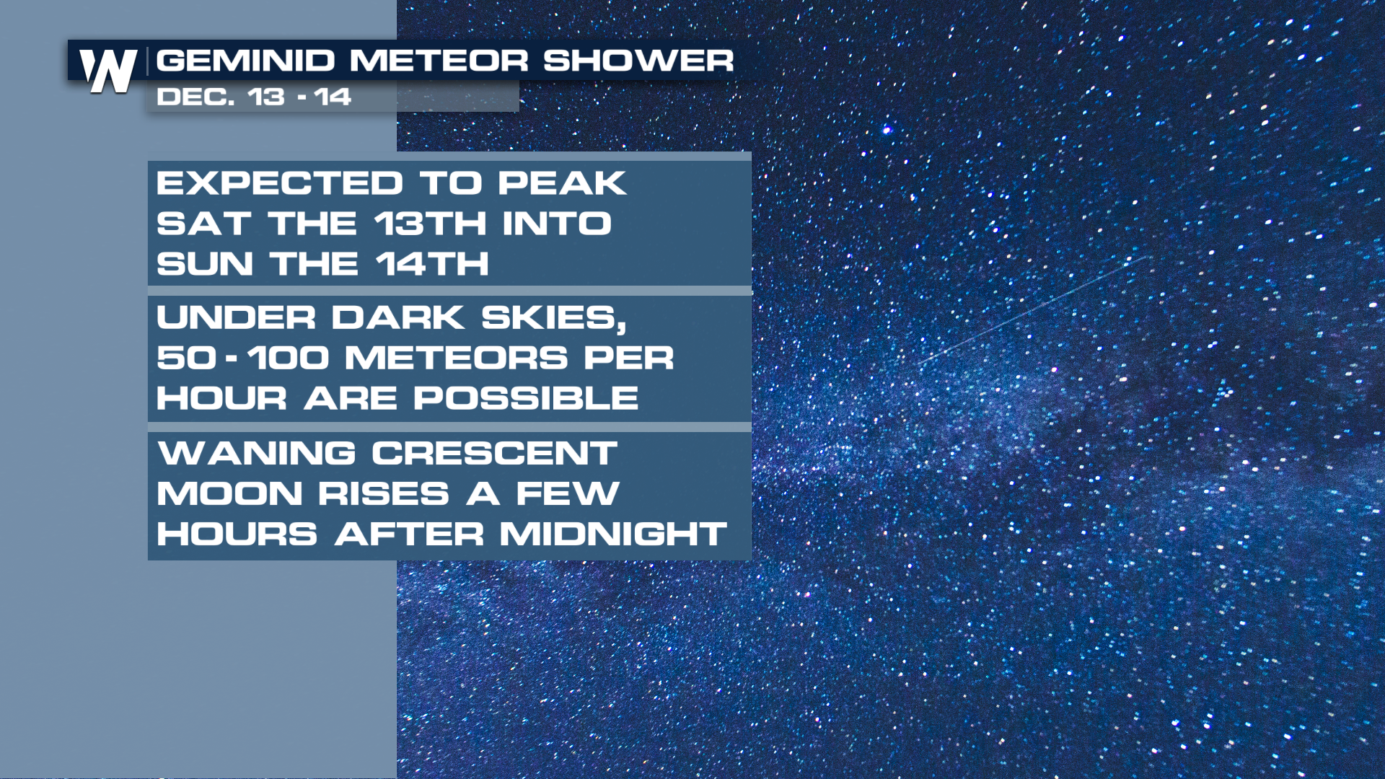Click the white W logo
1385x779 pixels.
pos(109,71)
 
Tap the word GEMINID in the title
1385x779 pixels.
pos(246,61)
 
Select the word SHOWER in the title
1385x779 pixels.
pos(638,61)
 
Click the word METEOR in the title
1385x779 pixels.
pos(439,61)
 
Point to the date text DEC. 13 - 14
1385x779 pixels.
pos(254,97)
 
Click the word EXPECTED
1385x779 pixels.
pos(280,183)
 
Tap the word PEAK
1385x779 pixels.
pos(562,183)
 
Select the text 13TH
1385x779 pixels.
pos(431,224)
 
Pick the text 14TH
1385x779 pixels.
pos(432,264)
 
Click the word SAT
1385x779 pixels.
pos(204,224)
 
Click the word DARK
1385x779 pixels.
pos(398,317)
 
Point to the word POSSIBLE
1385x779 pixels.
pos(526,398)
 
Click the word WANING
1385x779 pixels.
pos(257,454)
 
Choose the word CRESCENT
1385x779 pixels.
pos(495,454)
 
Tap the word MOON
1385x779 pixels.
pos(230,494)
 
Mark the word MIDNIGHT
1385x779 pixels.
pos(614,534)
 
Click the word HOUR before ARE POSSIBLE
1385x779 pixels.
pos(222,398)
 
